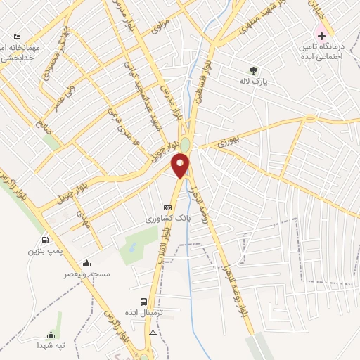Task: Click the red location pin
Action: point(181,165)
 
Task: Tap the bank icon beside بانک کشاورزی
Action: point(167,208)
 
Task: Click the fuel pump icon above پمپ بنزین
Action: point(46,240)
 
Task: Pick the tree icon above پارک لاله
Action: point(253,70)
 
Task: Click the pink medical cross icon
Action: point(322,35)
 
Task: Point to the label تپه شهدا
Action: point(51,345)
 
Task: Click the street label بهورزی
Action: point(229,141)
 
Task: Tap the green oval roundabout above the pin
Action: point(184,143)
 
